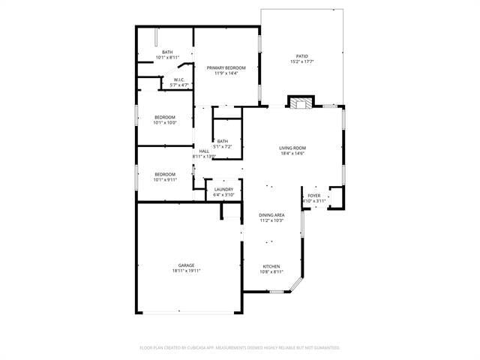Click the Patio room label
coord(301,55)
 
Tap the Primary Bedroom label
coord(226,67)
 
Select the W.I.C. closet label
coord(179,80)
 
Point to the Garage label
coord(186,265)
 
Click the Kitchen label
coord(271,266)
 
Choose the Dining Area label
coord(271,214)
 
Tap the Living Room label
coord(292,148)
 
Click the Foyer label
coord(313,196)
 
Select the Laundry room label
coord(223,189)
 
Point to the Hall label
coord(203,151)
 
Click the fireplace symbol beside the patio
coord(301,103)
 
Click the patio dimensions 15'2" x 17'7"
coord(301,61)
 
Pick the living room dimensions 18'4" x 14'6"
coord(292,153)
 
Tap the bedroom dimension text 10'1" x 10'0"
coord(165,122)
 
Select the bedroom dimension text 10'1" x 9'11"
coord(165,180)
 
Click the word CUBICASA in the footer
coord(193,348)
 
